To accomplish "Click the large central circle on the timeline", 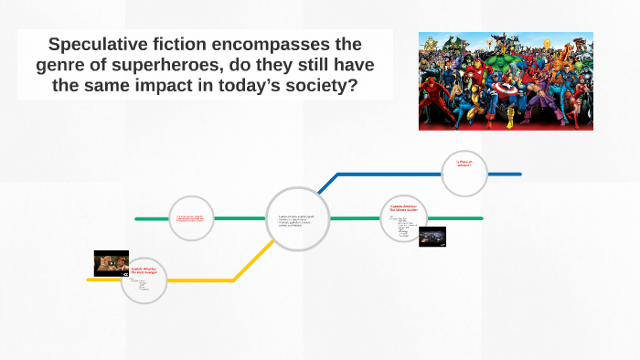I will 297,219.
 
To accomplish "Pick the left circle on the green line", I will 192,218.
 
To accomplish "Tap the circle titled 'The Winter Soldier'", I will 403,218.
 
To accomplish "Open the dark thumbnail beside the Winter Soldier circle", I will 432,237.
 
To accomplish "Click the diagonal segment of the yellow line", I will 247,265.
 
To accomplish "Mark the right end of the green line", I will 481,218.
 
